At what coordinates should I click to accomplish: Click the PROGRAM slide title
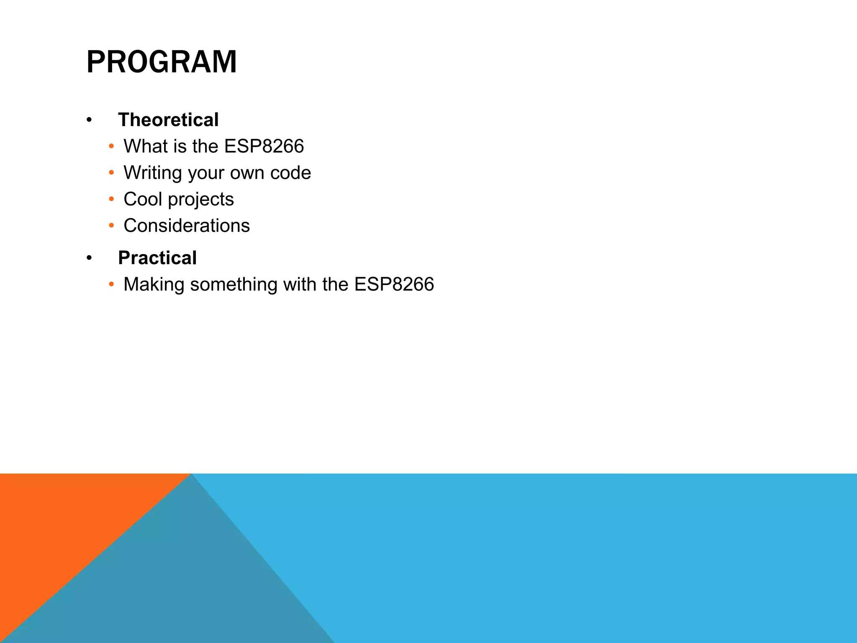(x=162, y=62)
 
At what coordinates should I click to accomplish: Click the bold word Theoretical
(x=168, y=120)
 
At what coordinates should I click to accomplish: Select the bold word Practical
(x=157, y=258)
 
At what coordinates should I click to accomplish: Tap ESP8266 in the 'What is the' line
(x=264, y=147)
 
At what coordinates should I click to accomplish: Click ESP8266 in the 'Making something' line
(x=394, y=285)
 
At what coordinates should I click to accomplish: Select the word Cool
(x=143, y=199)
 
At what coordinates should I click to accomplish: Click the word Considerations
(x=187, y=226)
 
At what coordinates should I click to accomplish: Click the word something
(x=234, y=285)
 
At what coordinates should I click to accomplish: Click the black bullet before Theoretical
(x=89, y=121)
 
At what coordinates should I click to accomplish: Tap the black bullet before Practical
(x=89, y=258)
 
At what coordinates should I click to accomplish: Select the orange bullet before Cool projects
(x=111, y=199)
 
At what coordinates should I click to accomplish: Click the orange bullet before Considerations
(x=111, y=226)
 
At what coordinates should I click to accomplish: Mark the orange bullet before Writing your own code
(x=111, y=173)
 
